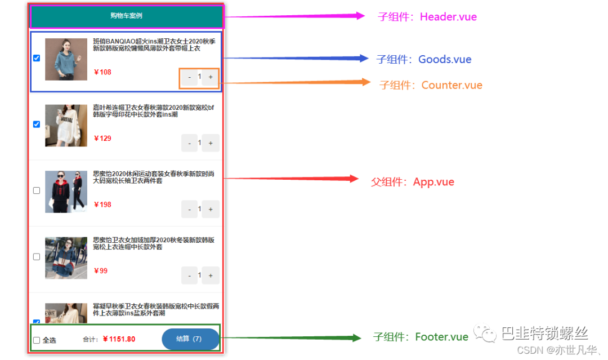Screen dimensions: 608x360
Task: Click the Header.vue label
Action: point(427,17)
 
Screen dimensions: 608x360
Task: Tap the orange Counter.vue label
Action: point(431,85)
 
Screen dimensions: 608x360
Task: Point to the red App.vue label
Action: point(413,182)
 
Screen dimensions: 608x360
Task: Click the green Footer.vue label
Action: point(421,337)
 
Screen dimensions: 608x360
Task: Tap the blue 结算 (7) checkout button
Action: point(190,339)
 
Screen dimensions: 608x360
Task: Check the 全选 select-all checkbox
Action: point(37,340)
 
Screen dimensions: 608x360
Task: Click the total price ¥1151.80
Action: point(119,339)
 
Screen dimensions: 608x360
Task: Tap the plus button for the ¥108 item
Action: point(211,77)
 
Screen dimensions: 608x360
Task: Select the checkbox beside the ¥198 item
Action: point(37,190)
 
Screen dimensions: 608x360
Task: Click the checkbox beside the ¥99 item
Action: point(37,257)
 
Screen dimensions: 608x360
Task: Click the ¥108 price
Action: point(102,72)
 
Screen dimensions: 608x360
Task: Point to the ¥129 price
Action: point(102,139)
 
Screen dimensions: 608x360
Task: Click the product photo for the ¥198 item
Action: point(66,192)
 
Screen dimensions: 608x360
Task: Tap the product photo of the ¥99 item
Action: point(66,257)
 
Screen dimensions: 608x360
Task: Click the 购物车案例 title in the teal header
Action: point(126,16)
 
